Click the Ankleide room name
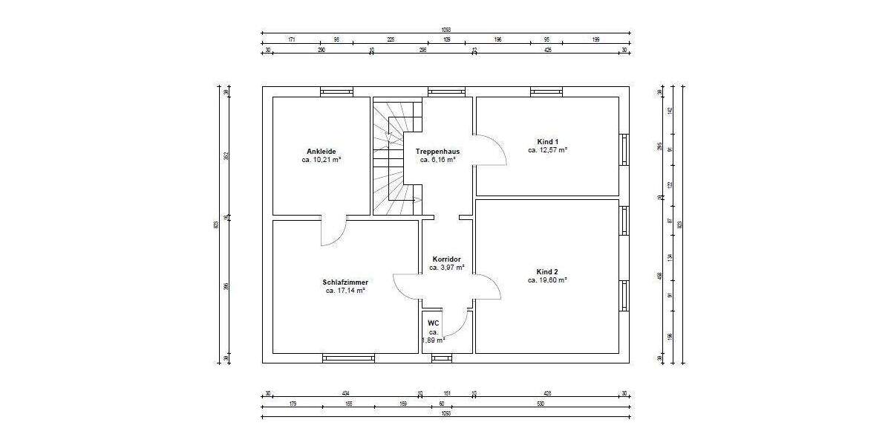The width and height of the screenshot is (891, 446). coord(321,151)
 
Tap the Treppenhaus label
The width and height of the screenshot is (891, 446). coord(437,151)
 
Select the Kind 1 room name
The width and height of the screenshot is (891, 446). coord(547,141)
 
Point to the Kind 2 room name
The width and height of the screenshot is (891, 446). coord(547,272)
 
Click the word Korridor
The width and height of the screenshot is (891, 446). coord(446,259)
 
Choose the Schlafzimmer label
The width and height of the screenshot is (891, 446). coord(345,282)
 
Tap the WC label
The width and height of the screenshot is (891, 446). coord(434,323)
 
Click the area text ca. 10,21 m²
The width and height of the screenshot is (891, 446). coord(321,160)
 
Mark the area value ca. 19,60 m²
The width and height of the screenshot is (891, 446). coord(547,281)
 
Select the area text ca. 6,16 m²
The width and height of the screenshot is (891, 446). coord(437,160)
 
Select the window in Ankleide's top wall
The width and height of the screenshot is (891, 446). coord(337,92)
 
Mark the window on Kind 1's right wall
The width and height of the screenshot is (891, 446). coord(624,150)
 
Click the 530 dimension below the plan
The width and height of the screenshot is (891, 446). coord(540,405)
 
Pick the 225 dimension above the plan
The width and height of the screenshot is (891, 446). coord(391,40)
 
